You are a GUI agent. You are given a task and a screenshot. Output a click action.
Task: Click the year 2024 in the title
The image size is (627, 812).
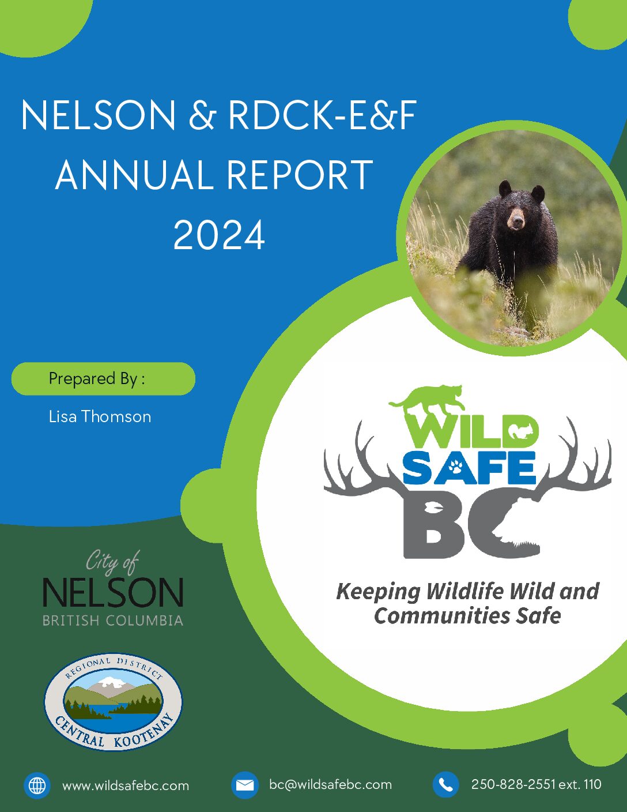point(219,235)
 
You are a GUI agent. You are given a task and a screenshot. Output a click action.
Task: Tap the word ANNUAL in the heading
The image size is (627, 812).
point(131,175)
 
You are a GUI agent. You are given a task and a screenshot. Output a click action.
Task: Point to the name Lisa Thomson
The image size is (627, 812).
point(100,416)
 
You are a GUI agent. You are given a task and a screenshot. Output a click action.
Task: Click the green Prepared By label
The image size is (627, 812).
point(103,378)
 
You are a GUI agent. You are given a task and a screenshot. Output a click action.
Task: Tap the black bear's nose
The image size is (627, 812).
point(517,223)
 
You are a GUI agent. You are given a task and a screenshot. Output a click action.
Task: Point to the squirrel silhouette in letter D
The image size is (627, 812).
point(518,432)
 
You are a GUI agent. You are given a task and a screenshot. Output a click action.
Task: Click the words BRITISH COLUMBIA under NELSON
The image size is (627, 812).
point(113,621)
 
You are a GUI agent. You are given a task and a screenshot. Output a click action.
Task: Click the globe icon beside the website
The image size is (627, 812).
point(37,785)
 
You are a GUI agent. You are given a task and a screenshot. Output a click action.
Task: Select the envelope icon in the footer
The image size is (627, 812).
point(244,785)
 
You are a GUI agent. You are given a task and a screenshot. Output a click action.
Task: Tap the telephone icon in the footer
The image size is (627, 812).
point(446,785)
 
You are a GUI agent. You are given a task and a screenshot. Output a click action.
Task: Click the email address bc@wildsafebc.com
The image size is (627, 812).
point(330,784)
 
